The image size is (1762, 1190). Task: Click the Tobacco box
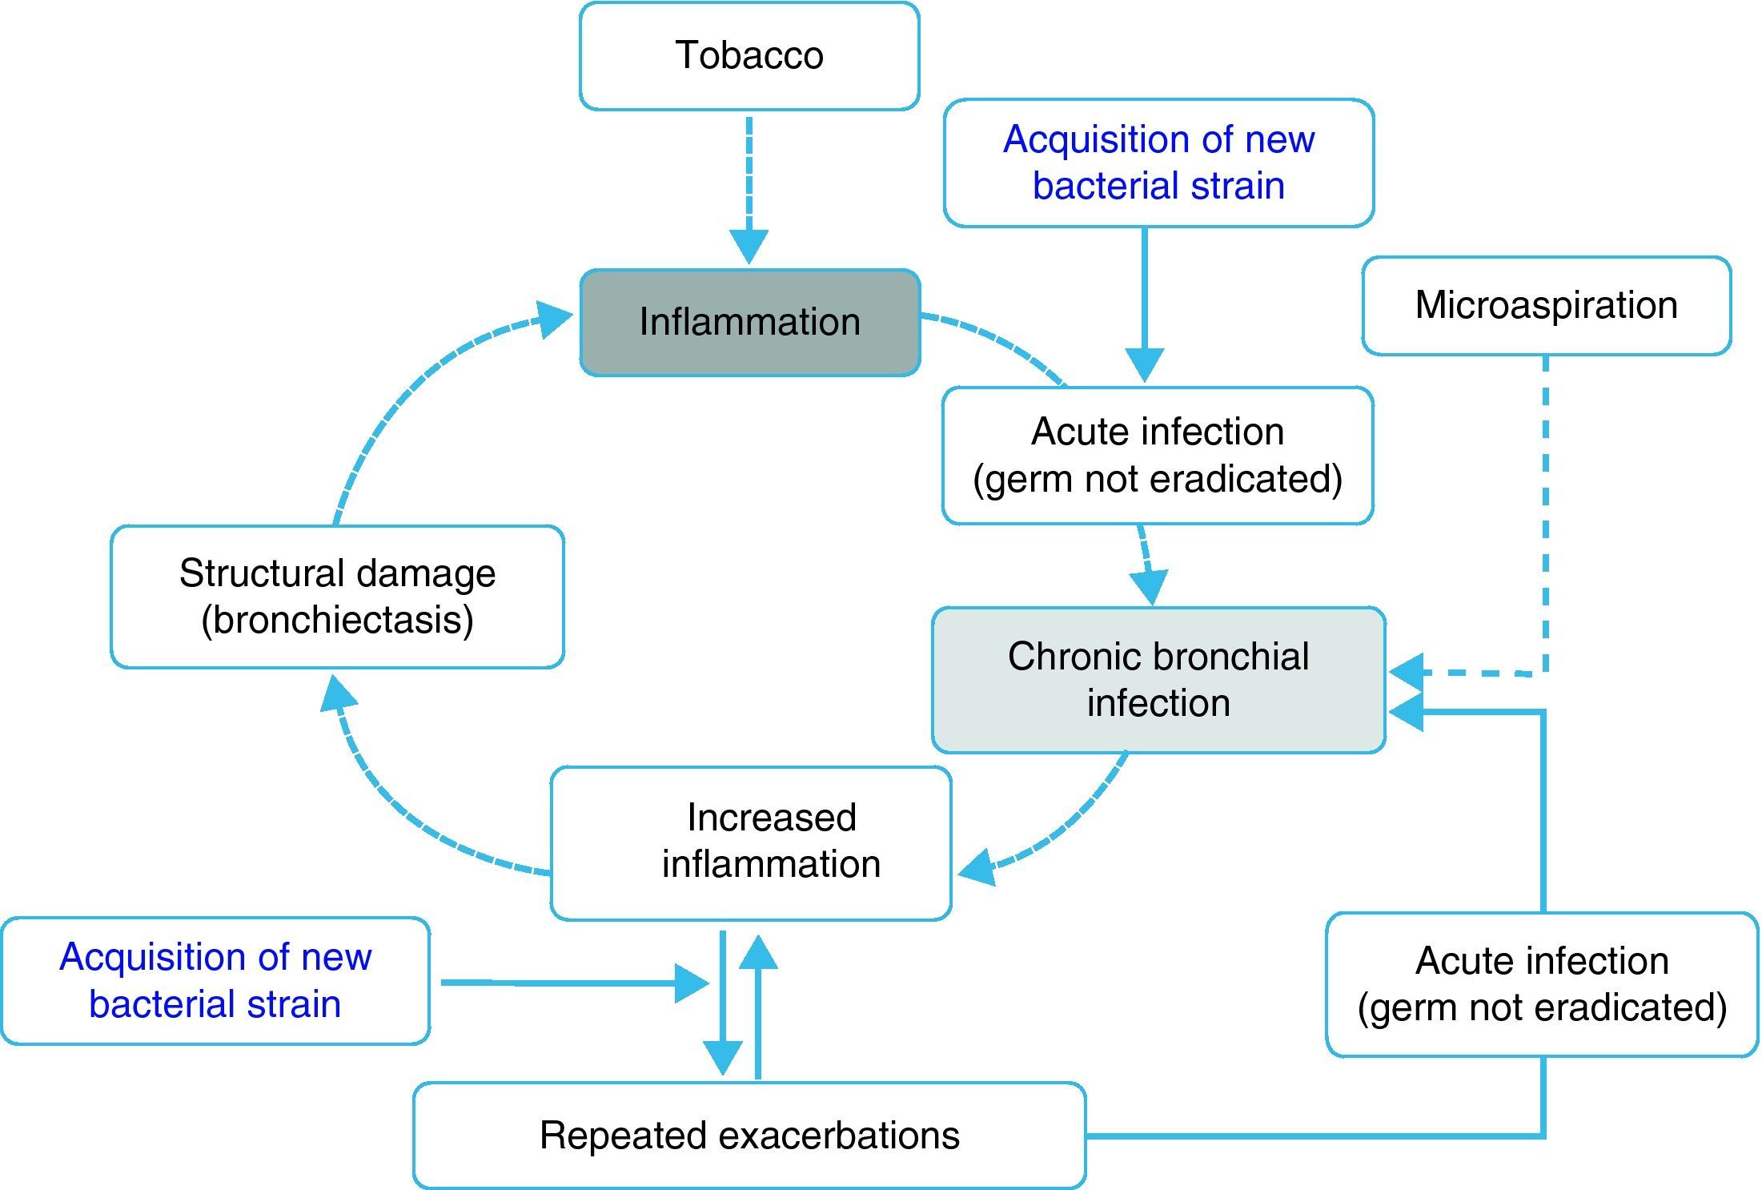[749, 56]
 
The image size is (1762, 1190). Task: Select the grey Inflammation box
[750, 323]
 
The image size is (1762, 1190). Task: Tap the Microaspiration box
[1547, 306]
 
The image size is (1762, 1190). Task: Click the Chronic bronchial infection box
[1158, 680]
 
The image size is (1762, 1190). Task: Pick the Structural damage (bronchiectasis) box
[337, 597]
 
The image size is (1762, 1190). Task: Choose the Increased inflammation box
[751, 843]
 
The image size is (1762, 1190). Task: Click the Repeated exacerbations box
[749, 1136]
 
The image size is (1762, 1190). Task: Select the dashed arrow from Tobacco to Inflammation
[749, 191]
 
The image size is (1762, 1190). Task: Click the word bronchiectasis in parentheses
[337, 620]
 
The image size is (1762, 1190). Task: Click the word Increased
[772, 818]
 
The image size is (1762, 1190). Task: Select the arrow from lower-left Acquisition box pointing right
[575, 983]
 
